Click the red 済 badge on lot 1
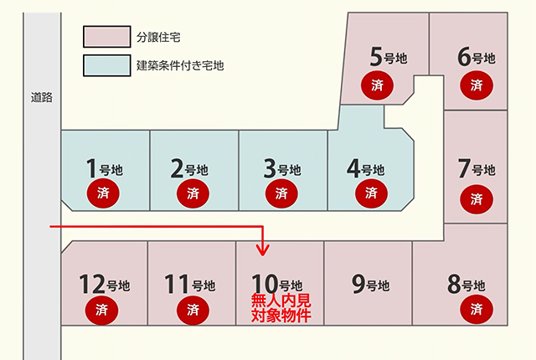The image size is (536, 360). click(103, 193)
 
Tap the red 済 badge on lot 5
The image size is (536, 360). click(377, 85)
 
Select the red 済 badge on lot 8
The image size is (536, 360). click(477, 310)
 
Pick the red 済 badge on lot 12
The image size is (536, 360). click(101, 310)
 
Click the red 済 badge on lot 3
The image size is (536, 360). click(281, 193)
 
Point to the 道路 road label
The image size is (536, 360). click(42, 97)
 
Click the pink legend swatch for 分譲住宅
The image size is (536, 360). click(107, 37)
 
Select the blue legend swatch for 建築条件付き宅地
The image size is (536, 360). click(107, 65)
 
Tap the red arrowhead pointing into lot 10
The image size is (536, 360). click(262, 250)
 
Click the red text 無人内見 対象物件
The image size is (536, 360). click(281, 308)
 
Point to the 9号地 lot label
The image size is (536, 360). click(370, 284)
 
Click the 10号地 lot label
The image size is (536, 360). click(277, 284)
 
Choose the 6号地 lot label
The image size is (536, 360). click(477, 57)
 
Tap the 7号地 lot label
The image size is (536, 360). click(477, 168)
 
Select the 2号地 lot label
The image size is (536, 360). click(189, 168)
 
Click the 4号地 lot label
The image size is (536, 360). click(365, 168)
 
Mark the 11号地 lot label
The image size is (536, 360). click(190, 284)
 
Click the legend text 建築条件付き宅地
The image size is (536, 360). click(180, 65)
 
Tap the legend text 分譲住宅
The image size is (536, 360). click(158, 37)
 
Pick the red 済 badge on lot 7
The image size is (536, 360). click(477, 199)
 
